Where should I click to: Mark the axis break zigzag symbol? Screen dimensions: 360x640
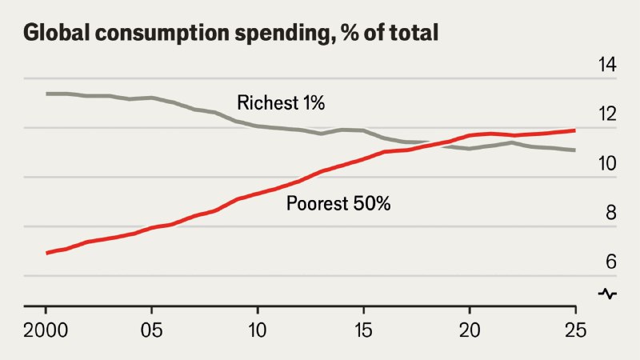click(x=608, y=294)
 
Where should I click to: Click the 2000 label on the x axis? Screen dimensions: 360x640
click(x=46, y=330)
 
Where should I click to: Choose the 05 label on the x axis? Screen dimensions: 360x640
click(x=152, y=330)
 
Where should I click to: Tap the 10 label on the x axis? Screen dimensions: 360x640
click(x=258, y=330)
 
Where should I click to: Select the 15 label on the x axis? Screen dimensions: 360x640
click(x=363, y=330)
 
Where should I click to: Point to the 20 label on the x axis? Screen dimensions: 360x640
click(x=470, y=330)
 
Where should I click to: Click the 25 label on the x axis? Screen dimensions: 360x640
click(x=575, y=330)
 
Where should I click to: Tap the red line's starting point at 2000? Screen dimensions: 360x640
click(x=46, y=253)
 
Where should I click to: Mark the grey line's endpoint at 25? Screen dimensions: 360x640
click(x=575, y=150)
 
